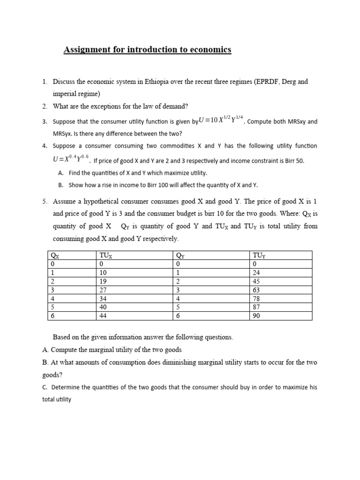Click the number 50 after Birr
point(300,161)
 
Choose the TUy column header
point(259,256)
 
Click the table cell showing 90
point(257,316)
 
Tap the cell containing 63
point(257,290)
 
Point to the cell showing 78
point(257,299)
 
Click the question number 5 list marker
point(45,202)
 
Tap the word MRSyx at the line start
point(63,134)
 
